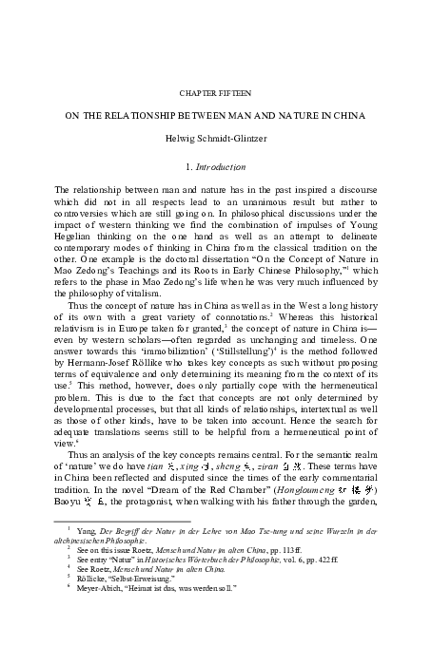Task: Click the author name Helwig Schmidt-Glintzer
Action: click(216, 139)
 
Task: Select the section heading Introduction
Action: click(223, 165)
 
